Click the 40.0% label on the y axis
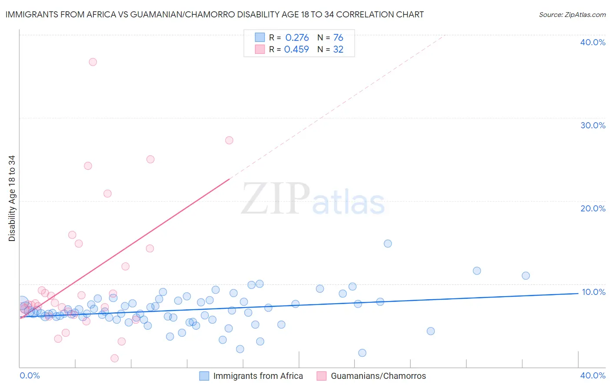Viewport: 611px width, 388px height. (x=593, y=42)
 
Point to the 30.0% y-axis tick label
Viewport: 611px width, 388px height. (x=593, y=125)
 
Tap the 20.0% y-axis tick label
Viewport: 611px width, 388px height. (x=593, y=208)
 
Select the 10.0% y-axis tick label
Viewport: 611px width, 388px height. (x=593, y=292)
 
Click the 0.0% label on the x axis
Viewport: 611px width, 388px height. (x=30, y=375)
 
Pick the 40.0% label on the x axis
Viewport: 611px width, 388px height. (x=593, y=375)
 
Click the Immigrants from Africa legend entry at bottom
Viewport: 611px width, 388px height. (x=258, y=376)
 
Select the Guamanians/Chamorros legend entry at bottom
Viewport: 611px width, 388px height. (x=378, y=376)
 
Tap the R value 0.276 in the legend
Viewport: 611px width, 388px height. (x=297, y=38)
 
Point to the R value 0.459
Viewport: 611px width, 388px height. (x=296, y=50)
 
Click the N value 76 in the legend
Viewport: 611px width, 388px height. (x=338, y=38)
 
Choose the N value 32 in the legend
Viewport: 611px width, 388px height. (x=338, y=50)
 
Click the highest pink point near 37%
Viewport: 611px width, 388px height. (x=93, y=62)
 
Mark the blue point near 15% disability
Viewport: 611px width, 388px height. (x=388, y=244)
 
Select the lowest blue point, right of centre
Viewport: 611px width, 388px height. (x=362, y=353)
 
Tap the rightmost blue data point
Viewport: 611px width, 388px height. (x=525, y=275)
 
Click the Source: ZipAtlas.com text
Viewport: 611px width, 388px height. (x=572, y=15)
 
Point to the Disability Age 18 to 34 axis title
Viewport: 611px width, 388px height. (x=12, y=198)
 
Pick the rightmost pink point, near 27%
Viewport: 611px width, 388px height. (x=229, y=140)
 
